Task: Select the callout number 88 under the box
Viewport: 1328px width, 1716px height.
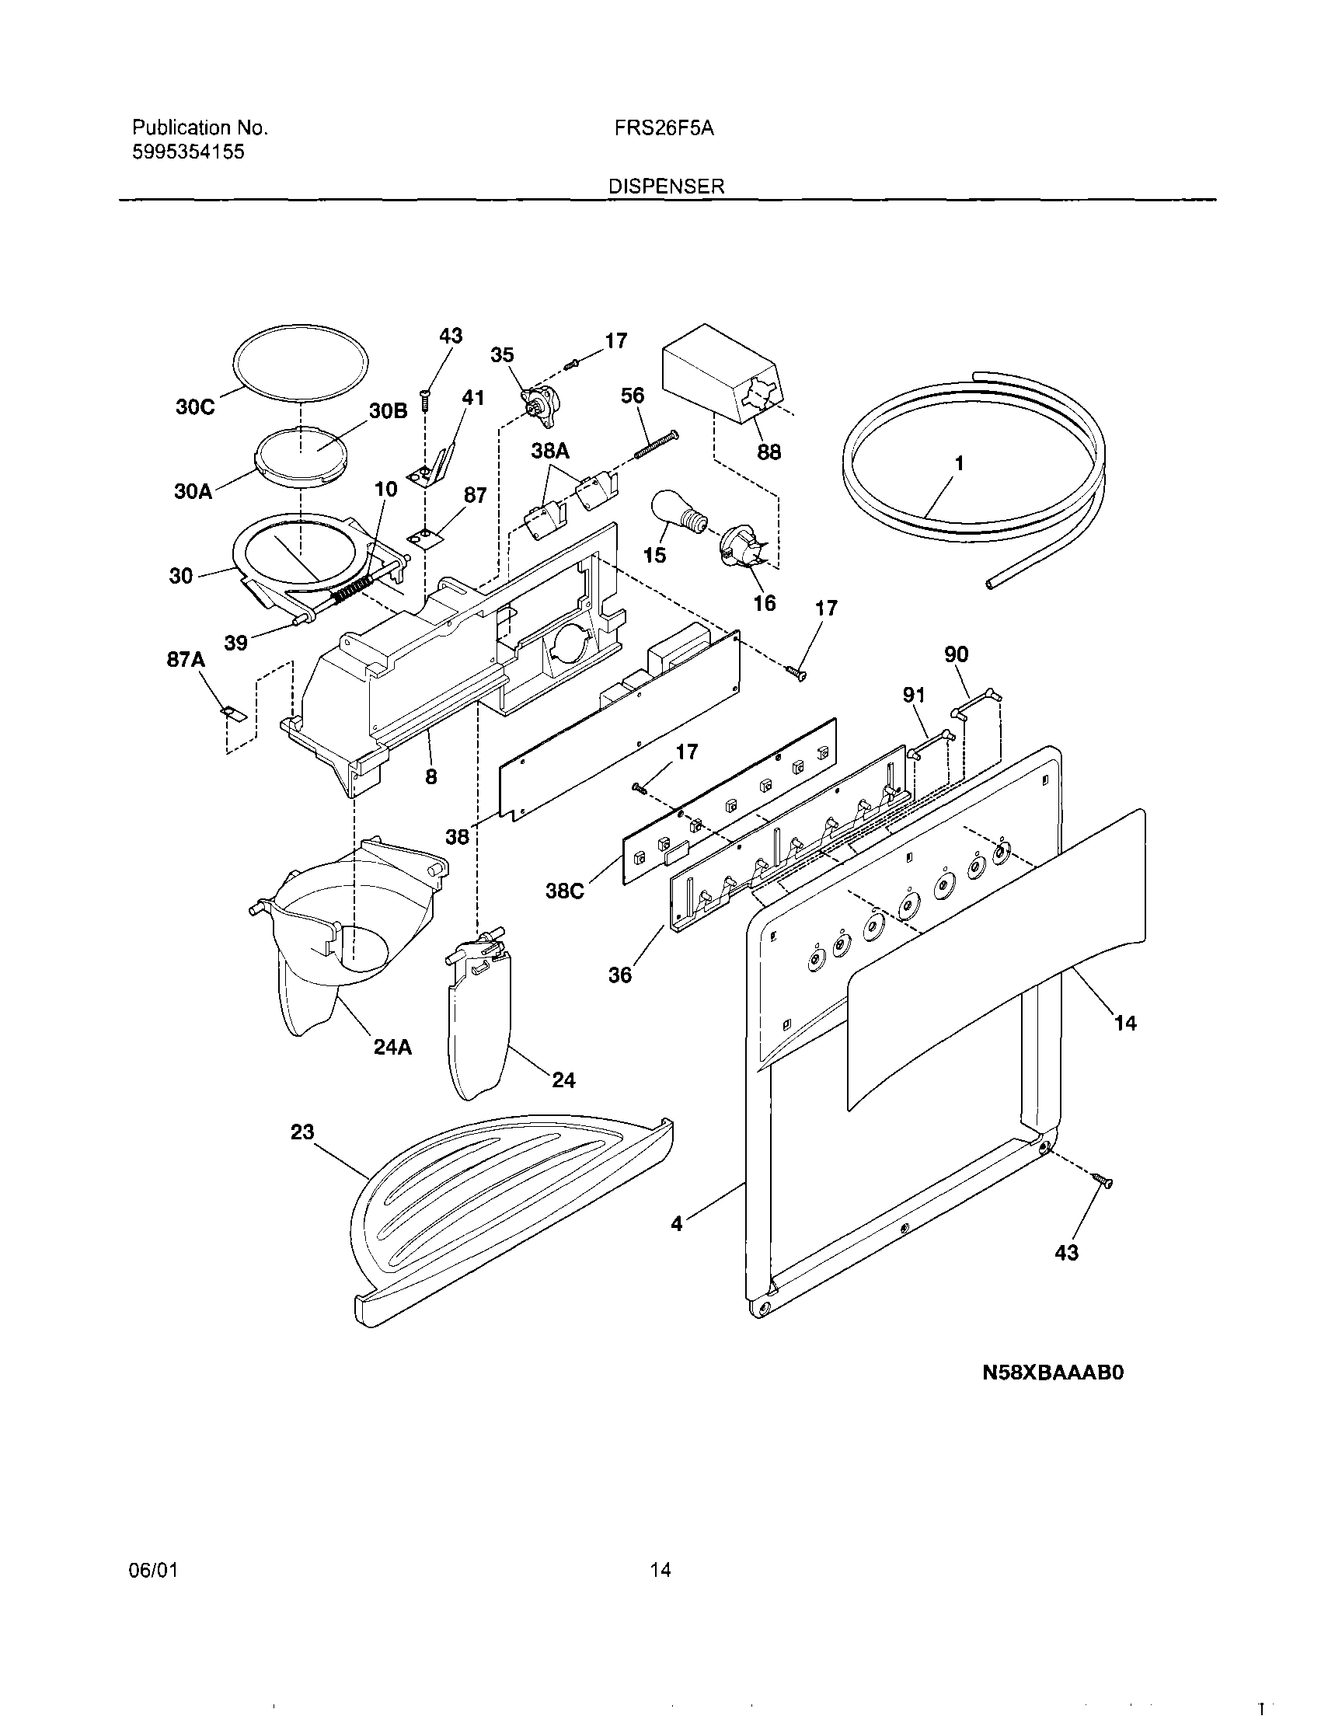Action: [768, 452]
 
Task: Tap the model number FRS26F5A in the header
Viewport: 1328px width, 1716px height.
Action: [664, 129]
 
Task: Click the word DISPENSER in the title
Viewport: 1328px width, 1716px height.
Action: [666, 187]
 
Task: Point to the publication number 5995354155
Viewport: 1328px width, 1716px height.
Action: [188, 152]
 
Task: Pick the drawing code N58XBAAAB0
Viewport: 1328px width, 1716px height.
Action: [1053, 1372]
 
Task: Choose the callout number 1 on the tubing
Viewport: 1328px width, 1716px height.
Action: [958, 463]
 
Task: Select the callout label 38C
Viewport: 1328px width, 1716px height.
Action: [565, 891]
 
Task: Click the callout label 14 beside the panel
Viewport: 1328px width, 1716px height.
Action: [1125, 1022]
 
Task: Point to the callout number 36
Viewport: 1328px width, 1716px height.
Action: [620, 975]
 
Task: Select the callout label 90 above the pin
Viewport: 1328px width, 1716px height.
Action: [956, 654]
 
